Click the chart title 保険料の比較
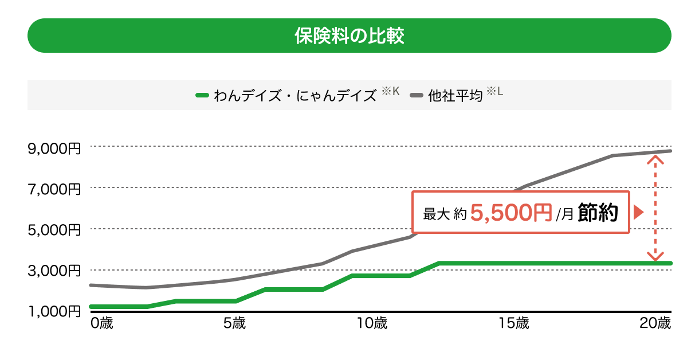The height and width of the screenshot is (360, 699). pyautogui.click(x=349, y=36)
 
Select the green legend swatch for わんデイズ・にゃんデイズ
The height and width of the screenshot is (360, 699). pyautogui.click(x=202, y=95)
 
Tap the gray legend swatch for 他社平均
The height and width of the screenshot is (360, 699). pyautogui.click(x=417, y=95)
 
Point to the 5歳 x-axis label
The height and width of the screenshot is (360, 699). pyautogui.click(x=234, y=323)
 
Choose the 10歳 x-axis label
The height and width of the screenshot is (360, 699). pyautogui.click(x=372, y=323)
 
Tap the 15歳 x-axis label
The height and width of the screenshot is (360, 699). pyautogui.click(x=513, y=323)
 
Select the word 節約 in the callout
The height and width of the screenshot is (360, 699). pyautogui.click(x=597, y=213)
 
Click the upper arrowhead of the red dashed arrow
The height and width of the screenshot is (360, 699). pyautogui.click(x=655, y=158)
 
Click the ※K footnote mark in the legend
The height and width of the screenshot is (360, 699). pyautogui.click(x=390, y=91)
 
